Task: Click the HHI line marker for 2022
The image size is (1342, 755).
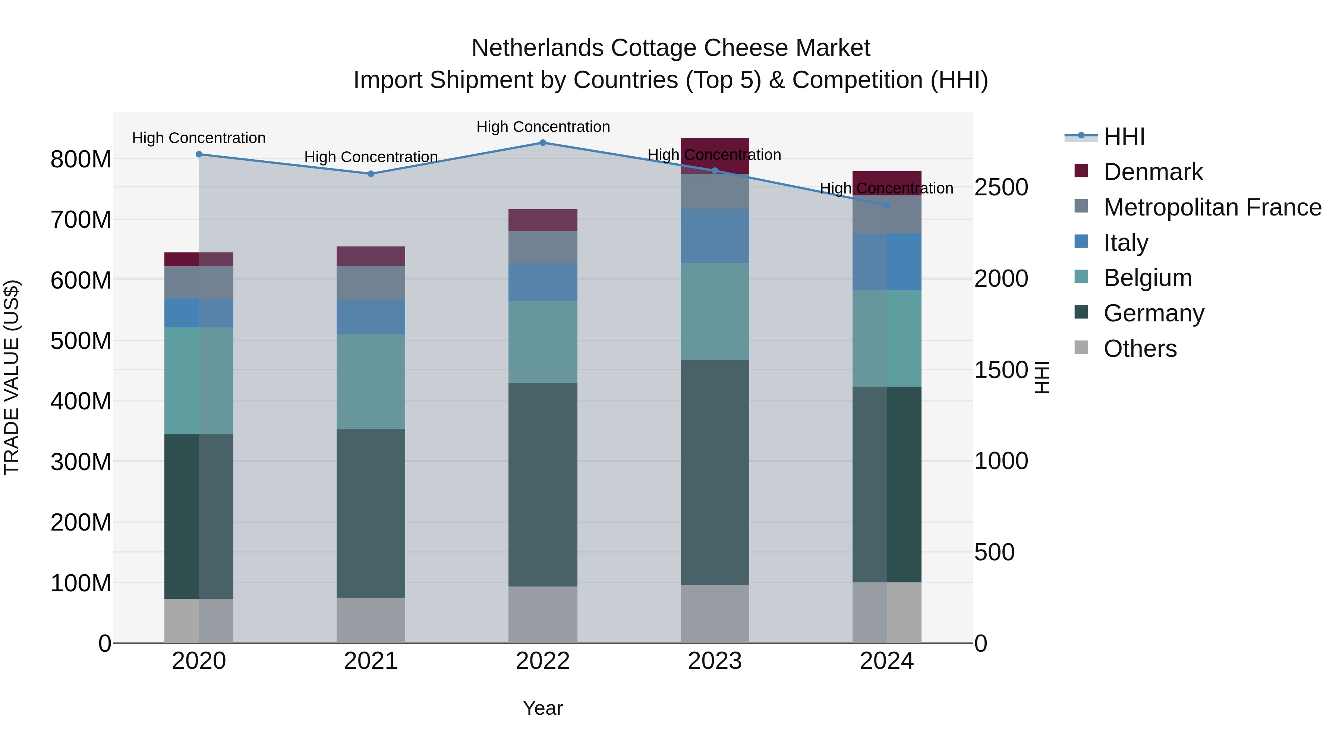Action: coord(542,143)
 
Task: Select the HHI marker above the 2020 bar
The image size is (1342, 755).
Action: coord(199,154)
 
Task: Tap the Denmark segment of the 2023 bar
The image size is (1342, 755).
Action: coord(715,155)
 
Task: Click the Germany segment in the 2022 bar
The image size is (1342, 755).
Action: coord(542,485)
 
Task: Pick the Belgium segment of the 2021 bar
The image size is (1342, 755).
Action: coord(371,381)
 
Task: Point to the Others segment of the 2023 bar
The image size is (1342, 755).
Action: coord(715,614)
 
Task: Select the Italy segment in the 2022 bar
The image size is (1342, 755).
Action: coord(542,282)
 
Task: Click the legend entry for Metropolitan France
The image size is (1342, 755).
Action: coord(1212,207)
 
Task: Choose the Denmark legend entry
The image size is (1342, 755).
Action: coord(1153,172)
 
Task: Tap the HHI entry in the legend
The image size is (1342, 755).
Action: coord(1124,136)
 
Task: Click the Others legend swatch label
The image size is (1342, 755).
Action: coord(1140,349)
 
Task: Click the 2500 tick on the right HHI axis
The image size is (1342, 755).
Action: coord(1001,188)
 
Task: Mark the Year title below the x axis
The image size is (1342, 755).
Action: coord(542,708)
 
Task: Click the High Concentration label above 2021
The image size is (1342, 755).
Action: coord(371,157)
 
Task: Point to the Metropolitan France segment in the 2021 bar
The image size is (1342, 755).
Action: coord(371,283)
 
